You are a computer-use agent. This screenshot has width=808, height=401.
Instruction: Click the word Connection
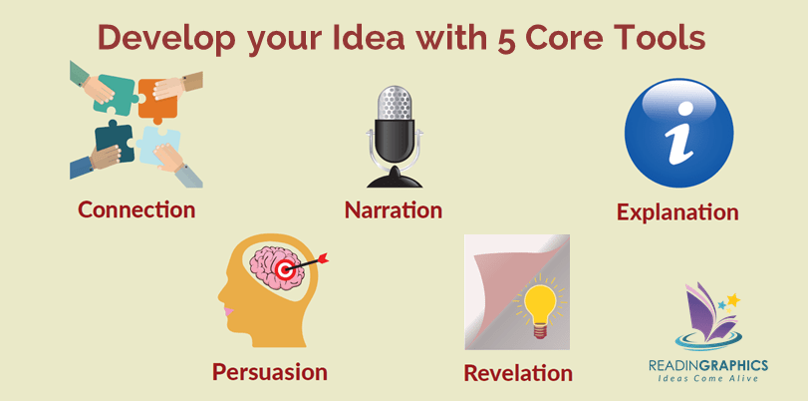point(136,209)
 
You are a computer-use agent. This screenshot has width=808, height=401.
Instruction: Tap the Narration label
point(394,210)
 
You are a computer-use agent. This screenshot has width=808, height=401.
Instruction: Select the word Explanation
point(677,212)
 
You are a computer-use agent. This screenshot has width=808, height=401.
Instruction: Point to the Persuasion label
point(270,372)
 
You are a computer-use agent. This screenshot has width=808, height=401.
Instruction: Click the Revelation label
point(518,373)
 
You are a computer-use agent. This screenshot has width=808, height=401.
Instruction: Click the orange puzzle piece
point(157,100)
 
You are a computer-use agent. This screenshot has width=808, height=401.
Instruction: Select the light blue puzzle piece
point(158,145)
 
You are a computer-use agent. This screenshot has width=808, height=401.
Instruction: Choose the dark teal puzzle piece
point(115,141)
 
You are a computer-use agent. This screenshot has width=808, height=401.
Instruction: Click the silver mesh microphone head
point(395,103)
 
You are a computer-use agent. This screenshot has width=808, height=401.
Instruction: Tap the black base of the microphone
point(395,177)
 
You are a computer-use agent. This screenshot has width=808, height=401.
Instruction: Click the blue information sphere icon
point(678,133)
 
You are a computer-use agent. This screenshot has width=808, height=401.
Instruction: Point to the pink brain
point(273,263)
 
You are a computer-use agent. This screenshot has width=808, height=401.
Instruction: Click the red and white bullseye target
point(284,269)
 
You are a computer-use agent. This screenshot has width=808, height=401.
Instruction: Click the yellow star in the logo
point(733,300)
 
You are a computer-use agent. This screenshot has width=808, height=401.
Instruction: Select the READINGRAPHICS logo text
point(708,365)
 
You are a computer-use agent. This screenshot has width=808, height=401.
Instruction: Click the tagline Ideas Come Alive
point(707,378)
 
